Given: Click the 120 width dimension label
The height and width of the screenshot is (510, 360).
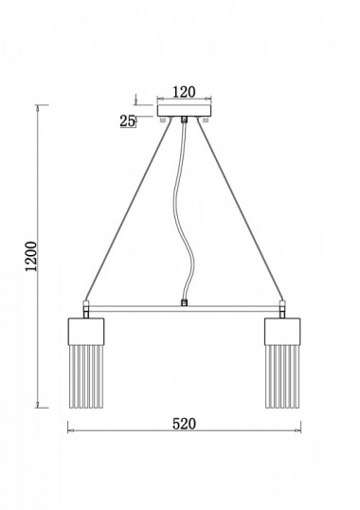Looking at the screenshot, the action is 184,92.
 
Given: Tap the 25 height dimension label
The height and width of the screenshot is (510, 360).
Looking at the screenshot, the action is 127,121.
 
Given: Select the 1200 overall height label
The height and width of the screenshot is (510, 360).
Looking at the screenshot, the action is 31,256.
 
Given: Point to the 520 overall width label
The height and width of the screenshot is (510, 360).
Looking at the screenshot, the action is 184,424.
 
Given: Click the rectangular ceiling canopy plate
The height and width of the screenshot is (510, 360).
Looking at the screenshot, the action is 184,111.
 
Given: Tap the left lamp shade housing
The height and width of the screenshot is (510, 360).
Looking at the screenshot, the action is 86,331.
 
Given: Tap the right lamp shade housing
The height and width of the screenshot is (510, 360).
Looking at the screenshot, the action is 282,331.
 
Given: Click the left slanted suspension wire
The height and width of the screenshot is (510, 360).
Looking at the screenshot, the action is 128,209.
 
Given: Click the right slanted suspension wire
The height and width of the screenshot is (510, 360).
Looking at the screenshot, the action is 241,209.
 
